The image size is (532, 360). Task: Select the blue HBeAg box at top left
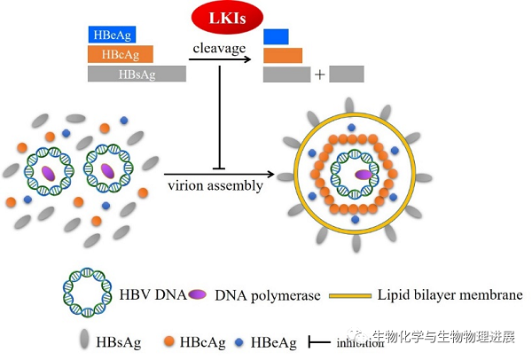pyautogui.click(x=111, y=35)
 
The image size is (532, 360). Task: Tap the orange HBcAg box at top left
pyautogui.click(x=120, y=54)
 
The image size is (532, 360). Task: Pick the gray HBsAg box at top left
pyautogui.click(x=137, y=74)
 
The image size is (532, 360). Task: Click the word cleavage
pyautogui.click(x=220, y=48)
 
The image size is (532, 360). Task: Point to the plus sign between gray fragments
pyautogui.click(x=319, y=74)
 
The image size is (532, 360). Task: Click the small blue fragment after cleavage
pyautogui.click(x=276, y=36)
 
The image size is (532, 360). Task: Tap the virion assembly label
pyautogui.click(x=215, y=185)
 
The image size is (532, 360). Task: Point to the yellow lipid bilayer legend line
pyautogui.click(x=350, y=295)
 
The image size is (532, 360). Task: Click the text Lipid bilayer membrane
pyautogui.click(x=450, y=295)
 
